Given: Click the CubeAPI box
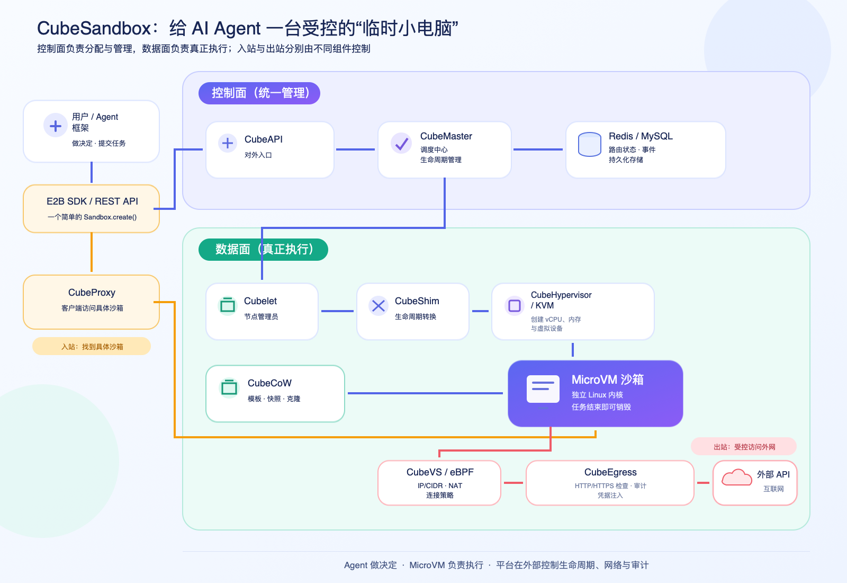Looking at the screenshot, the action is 270,149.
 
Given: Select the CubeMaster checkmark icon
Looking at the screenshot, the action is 401,143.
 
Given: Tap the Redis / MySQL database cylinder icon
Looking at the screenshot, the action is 590,144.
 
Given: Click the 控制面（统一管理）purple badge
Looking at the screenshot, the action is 259,93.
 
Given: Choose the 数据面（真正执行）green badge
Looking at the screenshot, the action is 263,250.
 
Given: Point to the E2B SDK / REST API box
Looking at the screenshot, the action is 92,209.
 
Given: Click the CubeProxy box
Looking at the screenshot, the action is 92,302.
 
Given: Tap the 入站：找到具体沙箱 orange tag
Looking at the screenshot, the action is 92,347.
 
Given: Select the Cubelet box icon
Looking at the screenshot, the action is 228,305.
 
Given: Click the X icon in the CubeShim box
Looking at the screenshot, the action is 378,305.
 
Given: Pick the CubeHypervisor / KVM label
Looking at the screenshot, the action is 561,300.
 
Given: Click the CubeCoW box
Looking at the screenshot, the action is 275,394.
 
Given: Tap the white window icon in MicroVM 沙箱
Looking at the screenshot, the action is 543,389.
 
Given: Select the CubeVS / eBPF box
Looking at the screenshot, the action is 439,483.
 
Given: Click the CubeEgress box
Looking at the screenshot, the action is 610,483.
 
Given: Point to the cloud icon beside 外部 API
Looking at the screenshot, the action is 736,478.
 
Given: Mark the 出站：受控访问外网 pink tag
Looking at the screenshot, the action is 744,447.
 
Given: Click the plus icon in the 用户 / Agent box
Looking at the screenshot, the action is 56,125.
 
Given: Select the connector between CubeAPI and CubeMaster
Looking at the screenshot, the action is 355,149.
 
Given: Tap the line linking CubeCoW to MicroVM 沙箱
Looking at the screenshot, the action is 426,393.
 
